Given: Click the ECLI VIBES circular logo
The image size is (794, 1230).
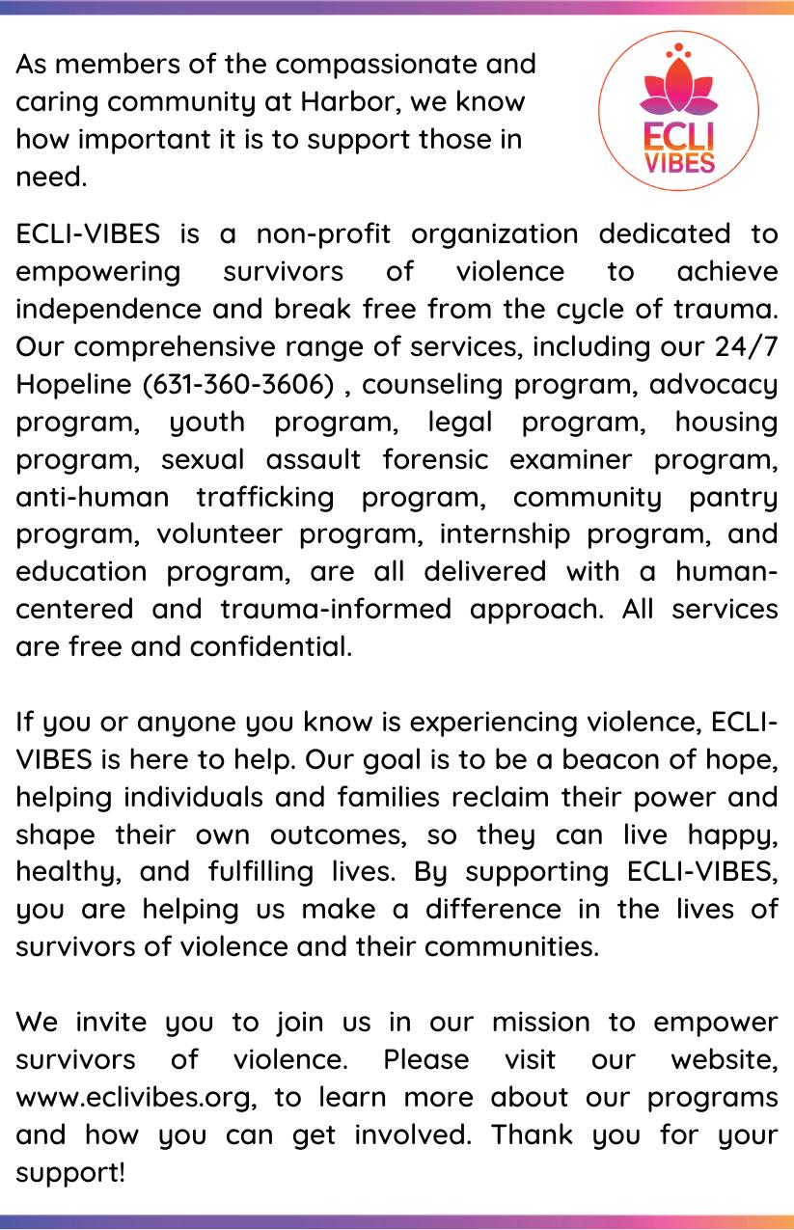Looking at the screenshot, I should coord(678,110).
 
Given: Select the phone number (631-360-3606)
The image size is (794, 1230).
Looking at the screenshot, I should coord(239,385).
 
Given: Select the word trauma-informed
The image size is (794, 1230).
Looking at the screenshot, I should coord(338,610).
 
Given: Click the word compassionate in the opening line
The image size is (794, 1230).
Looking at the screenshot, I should coord(375,65).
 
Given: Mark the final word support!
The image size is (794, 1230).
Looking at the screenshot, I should coord(71,1173).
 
